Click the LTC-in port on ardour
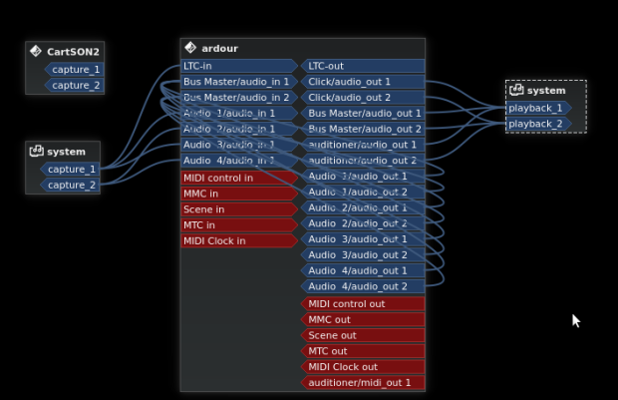click(237, 66)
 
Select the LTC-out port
click(363, 66)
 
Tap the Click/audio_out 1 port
click(363, 82)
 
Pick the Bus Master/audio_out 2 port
click(363, 130)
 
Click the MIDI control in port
click(237, 178)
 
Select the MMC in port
click(237, 194)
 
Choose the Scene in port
click(237, 209)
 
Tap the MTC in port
click(237, 225)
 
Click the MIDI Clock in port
click(237, 240)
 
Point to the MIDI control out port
click(363, 303)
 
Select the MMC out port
click(363, 319)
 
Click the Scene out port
click(363, 335)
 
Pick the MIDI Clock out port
click(363, 367)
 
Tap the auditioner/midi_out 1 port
click(363, 382)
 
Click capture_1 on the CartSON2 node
click(75, 70)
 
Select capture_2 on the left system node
click(72, 186)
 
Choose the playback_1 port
click(536, 108)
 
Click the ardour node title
click(219, 48)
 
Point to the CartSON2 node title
click(73, 51)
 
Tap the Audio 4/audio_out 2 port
click(363, 286)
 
